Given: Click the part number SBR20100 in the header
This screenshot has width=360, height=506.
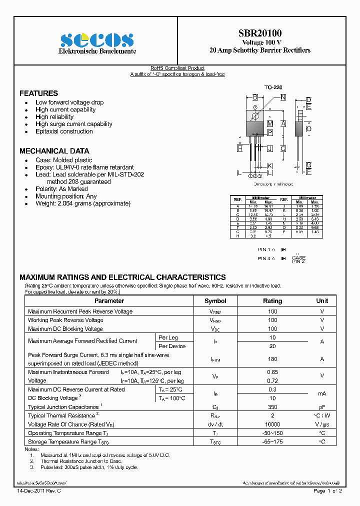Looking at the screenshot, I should [259, 33].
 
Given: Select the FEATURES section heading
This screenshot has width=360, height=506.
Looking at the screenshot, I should [38, 93].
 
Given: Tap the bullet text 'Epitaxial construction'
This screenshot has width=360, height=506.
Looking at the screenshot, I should [64, 131].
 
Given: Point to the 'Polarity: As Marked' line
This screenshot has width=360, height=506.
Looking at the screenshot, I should [61, 189].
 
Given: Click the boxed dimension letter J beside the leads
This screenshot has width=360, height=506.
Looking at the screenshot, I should [269, 148].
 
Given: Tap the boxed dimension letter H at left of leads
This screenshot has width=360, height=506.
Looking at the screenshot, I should [240, 148].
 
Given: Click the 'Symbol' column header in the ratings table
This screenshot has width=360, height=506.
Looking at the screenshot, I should [215, 301].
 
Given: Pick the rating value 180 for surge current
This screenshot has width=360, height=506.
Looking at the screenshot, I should [272, 359].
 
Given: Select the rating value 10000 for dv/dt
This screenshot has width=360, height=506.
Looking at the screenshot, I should [272, 424].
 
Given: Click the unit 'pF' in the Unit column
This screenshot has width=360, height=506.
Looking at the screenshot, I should [322, 407].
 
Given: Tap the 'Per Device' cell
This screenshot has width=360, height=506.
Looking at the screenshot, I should [172, 346].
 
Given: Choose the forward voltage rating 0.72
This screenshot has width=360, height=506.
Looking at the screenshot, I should [272, 381].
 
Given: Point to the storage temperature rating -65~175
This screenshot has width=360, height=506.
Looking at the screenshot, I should [272, 442].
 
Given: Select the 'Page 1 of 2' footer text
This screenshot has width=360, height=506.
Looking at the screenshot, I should [327, 491].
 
